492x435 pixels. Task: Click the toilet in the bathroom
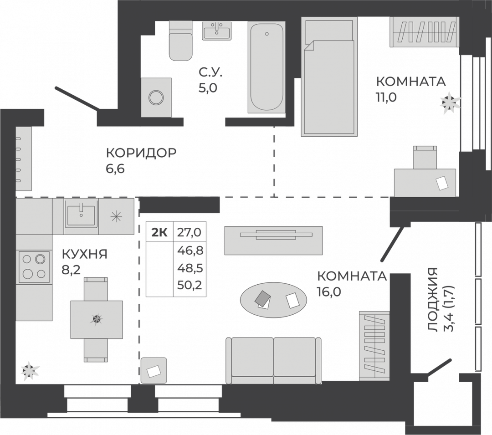tap(180, 41)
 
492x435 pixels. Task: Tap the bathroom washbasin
tap(216, 31)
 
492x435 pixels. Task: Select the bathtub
tap(266, 67)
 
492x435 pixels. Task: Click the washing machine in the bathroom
tap(156, 97)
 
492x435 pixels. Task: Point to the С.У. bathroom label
tap(210, 72)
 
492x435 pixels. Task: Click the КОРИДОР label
tap(141, 153)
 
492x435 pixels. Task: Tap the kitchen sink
tap(81, 216)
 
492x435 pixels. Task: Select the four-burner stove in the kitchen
tap(34, 266)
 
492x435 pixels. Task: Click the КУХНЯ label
tap(84, 254)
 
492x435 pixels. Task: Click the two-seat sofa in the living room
tap(274, 361)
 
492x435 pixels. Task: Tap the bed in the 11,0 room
tap(329, 77)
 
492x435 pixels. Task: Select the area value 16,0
tap(329, 292)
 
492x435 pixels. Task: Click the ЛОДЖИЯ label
tap(433, 300)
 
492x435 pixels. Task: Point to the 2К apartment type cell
tap(159, 232)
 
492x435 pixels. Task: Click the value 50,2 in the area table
tap(190, 285)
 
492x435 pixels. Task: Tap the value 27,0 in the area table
tap(189, 232)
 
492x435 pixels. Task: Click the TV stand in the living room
tap(273, 241)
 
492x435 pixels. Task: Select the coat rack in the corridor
tap(24, 159)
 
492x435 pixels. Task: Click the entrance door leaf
tap(77, 98)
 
